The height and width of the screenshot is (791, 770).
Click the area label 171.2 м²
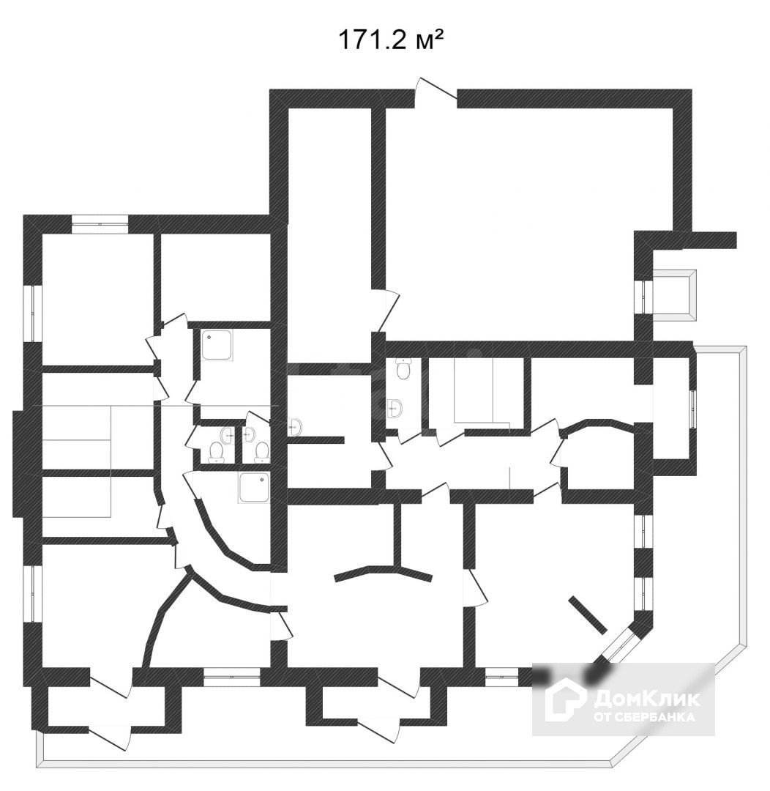tap(390, 40)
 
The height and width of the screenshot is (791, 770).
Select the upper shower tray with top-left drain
tap(217, 345)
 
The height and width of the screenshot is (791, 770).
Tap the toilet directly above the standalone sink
tap(402, 370)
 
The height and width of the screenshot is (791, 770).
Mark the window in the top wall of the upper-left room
tap(100, 223)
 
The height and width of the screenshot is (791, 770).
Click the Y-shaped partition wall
tap(388, 568)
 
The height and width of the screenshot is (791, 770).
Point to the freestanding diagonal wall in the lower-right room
tap(588, 614)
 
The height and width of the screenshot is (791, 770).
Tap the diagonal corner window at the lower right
tap(621, 645)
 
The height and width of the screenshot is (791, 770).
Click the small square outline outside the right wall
tap(673, 294)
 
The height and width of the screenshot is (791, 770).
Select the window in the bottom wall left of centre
tap(232, 676)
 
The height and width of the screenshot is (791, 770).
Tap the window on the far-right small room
tap(693, 408)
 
